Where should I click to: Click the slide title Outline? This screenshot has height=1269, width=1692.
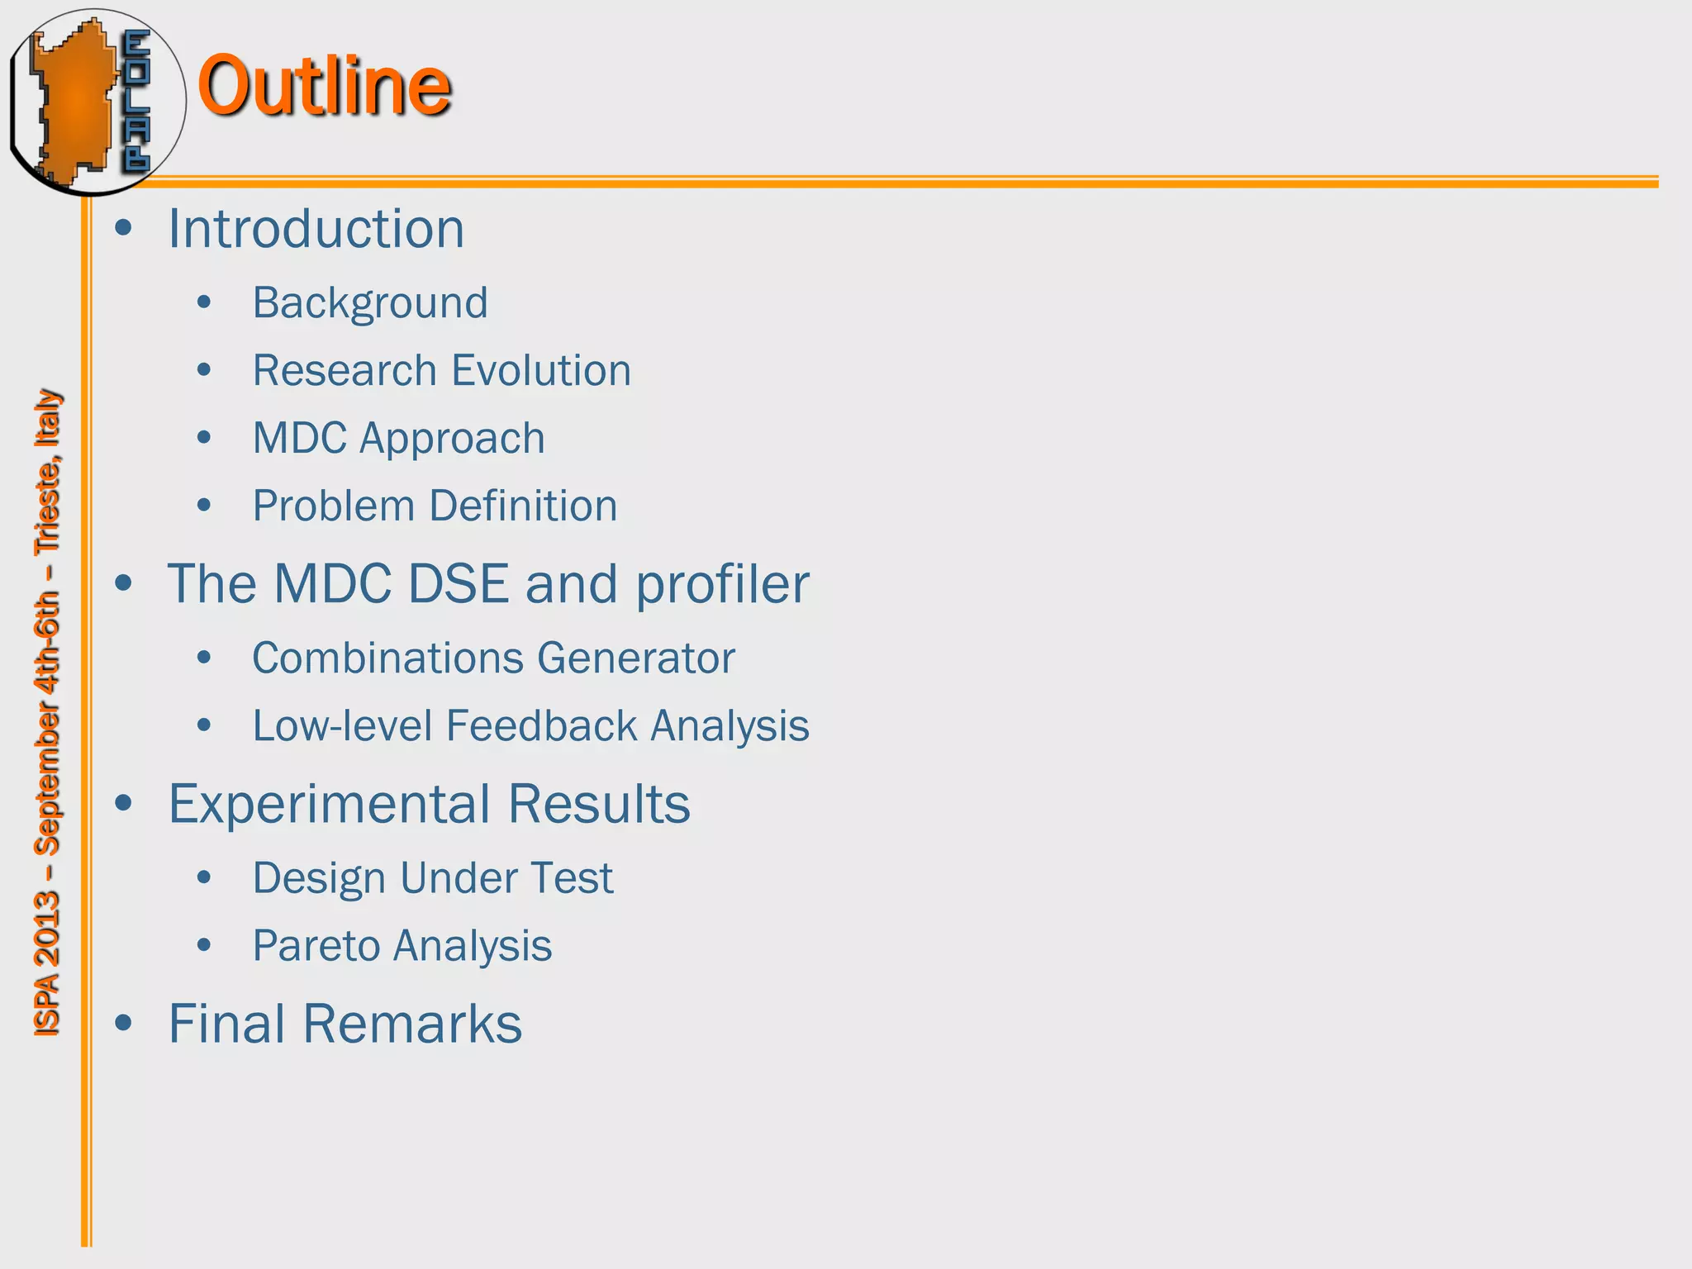[324, 86]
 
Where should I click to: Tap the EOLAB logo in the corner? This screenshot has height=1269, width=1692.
[97, 102]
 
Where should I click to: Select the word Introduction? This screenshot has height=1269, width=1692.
[316, 229]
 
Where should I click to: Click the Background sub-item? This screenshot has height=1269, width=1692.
[370, 303]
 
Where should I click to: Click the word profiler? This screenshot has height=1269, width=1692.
[722, 585]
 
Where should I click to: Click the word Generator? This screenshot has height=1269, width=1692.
[635, 658]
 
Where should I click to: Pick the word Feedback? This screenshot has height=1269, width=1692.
[541, 726]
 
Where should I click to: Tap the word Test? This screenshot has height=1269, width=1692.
[577, 878]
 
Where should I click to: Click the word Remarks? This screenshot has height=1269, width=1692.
[412, 1024]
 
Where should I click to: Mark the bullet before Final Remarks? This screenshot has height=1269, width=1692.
[124, 1024]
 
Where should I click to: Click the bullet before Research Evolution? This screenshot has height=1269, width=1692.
[205, 370]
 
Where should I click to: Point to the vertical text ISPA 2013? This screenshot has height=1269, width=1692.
[47, 963]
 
